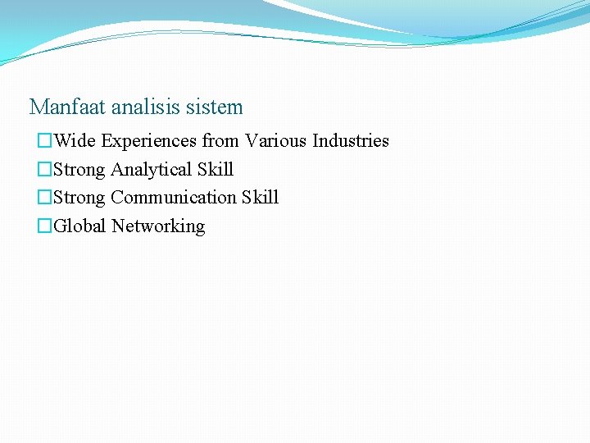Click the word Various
click(276, 141)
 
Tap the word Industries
click(351, 141)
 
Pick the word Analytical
click(152, 170)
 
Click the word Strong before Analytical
click(79, 170)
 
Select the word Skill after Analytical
click(216, 170)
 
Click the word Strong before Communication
click(79, 198)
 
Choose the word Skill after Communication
click(260, 198)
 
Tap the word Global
click(79, 226)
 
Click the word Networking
click(158, 226)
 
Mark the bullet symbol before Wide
click(44, 142)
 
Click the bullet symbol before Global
click(44, 227)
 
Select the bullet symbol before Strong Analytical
click(44, 171)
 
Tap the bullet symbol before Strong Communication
click(44, 199)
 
